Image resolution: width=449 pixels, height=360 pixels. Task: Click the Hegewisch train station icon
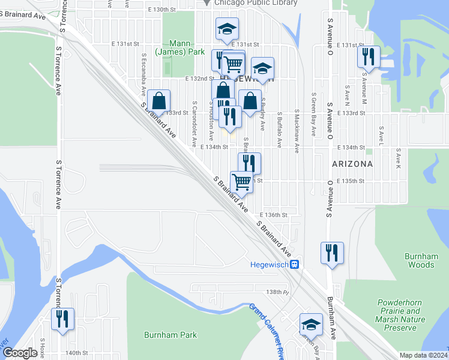pyautogui.click(x=294, y=265)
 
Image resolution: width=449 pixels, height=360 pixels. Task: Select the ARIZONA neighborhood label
pyautogui.click(x=351, y=163)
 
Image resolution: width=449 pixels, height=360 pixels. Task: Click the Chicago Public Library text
pyautogui.click(x=255, y=3)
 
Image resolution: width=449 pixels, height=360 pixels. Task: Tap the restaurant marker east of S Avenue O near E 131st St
pyautogui.click(x=368, y=56)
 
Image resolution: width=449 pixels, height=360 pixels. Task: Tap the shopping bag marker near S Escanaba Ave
pyautogui.click(x=159, y=100)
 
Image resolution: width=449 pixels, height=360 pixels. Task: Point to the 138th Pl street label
pyautogui.click(x=278, y=292)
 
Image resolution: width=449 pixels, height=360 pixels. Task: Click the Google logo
pyautogui.click(x=20, y=353)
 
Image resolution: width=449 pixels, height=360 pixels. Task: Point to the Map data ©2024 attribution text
pyautogui.click(x=423, y=355)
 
